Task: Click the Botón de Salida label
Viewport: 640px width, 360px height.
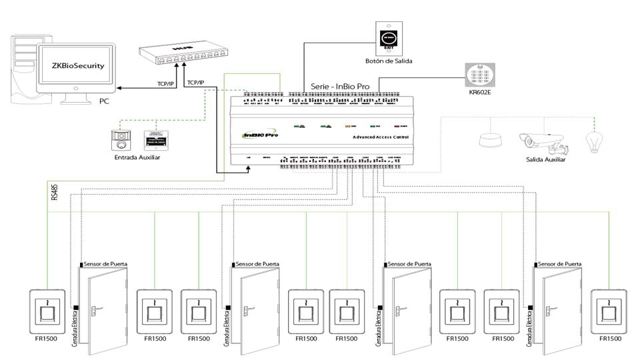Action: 389,61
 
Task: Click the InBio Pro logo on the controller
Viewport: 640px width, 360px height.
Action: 261,135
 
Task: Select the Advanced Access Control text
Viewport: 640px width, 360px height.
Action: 381,137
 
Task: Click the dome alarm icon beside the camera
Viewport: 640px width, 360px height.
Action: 492,139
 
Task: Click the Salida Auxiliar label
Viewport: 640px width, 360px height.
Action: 545,160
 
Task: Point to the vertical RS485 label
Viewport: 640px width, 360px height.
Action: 54,192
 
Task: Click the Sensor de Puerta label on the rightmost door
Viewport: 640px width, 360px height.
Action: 560,264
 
